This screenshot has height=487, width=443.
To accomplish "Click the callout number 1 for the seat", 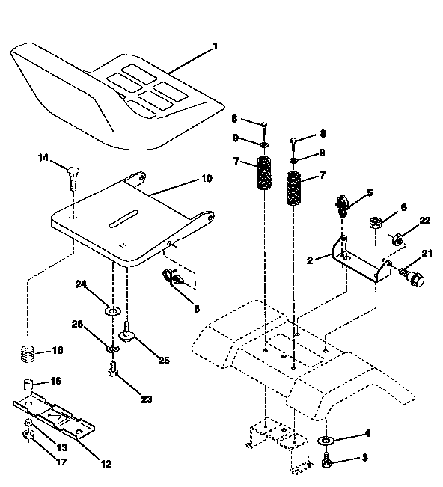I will pyautogui.click(x=216, y=46).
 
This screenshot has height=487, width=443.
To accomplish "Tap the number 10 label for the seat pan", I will pyautogui.click(x=206, y=179).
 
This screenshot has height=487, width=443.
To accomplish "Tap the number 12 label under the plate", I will pyautogui.click(x=106, y=464).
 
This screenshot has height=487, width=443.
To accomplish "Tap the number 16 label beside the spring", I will pyautogui.click(x=58, y=350).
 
